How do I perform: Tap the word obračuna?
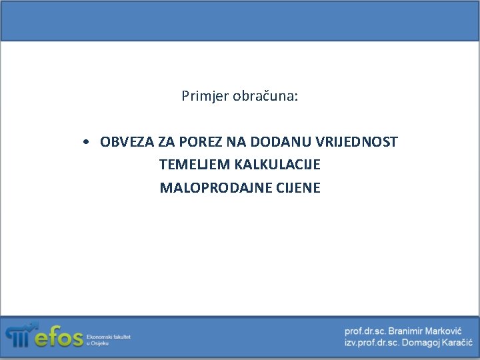(x=266, y=96)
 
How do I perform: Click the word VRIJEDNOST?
(x=357, y=142)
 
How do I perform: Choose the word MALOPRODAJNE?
(x=207, y=187)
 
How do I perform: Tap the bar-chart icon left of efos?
(x=19, y=335)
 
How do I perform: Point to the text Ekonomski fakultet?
(x=109, y=337)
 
